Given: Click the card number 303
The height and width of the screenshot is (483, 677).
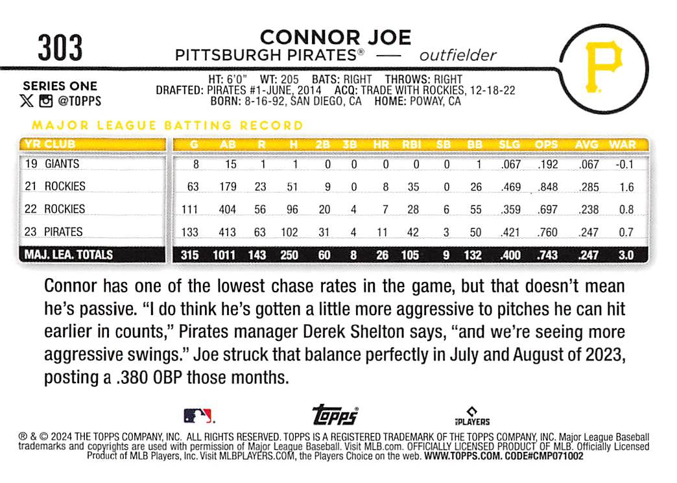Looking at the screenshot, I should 60,48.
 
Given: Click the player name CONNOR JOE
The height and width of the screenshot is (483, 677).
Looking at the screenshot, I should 335,38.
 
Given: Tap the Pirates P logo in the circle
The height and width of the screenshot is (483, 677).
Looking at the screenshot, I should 603,66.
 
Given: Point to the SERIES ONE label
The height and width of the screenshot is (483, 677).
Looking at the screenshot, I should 60,86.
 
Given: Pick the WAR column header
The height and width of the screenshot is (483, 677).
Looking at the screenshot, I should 623,145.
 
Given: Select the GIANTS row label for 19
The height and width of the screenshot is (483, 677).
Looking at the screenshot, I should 62,164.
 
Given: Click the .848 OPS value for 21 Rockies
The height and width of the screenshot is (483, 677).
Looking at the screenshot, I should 547,187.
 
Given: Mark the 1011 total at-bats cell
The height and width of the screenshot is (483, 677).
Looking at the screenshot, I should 226,255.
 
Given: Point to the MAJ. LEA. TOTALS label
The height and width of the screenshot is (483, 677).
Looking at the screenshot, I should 69,255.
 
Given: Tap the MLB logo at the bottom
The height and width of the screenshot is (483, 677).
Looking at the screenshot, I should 198,416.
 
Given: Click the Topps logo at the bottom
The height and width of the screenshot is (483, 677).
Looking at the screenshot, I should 335,415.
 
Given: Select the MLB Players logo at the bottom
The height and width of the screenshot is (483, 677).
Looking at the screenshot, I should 471,416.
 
